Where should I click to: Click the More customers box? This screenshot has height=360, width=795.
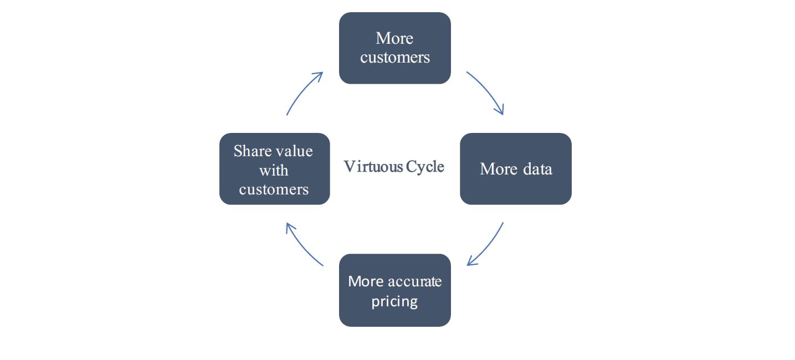394,48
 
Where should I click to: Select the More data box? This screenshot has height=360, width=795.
515,169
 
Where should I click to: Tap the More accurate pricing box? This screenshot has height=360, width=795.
394,290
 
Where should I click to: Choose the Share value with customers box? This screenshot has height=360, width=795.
274,169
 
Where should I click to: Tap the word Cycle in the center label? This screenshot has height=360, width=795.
425,167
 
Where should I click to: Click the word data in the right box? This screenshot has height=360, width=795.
537,169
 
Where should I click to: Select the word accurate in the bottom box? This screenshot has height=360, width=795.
414,281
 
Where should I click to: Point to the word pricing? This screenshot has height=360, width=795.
394,302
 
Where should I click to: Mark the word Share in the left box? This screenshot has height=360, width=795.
252,151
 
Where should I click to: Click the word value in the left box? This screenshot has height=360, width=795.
294,151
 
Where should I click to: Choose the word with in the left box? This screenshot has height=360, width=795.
274,170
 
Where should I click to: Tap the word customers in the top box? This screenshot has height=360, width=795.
394,58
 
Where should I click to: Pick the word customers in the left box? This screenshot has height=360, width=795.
274,189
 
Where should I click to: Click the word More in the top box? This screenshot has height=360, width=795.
394,38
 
